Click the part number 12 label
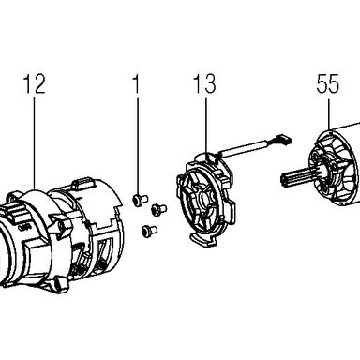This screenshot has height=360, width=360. click(35, 83)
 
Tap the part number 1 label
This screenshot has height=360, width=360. click(136, 83)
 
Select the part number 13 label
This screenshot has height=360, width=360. click(204, 83)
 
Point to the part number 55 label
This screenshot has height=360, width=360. click(328, 83)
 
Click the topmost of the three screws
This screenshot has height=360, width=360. click(141, 200)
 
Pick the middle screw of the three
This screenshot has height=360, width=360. click(158, 209)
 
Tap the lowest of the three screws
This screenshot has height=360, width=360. click(149, 231)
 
